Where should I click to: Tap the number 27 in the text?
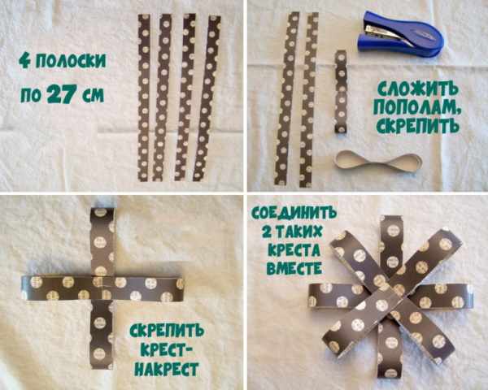[x=62, y=94]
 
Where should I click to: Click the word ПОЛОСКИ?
[x=71, y=60]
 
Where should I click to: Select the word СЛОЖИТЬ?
[x=418, y=89]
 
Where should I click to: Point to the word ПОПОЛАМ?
[x=417, y=106]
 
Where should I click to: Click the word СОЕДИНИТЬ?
[x=294, y=214]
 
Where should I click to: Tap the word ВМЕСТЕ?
[x=294, y=268]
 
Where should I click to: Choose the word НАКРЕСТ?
[x=167, y=369]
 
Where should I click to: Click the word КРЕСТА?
[x=294, y=249]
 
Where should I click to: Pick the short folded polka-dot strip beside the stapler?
[x=341, y=92]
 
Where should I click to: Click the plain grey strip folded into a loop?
[x=378, y=161]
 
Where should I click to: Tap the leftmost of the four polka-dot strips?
[x=144, y=97]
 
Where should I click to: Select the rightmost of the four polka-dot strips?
[x=207, y=98]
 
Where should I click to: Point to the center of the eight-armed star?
[x=389, y=294]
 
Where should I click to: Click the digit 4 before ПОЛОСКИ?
[x=24, y=60]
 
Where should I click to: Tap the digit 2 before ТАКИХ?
[x=267, y=232]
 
